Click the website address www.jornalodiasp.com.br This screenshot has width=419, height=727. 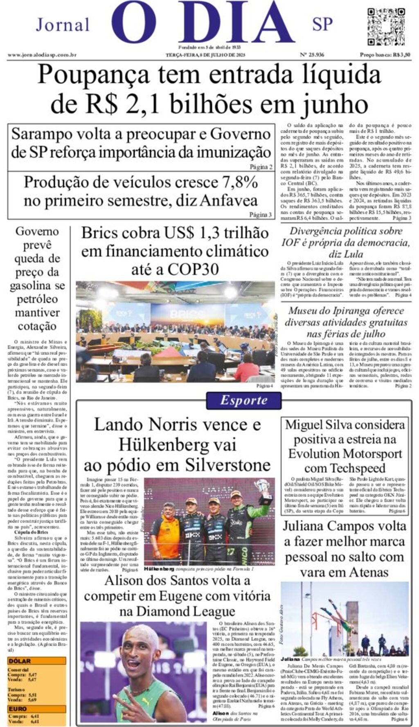tap(42, 55)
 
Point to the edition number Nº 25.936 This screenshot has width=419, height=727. tap(312, 55)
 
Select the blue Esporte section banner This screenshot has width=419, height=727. tap(244, 400)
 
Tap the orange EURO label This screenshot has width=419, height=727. tap(18, 709)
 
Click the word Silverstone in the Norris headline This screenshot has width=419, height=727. tap(228, 465)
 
